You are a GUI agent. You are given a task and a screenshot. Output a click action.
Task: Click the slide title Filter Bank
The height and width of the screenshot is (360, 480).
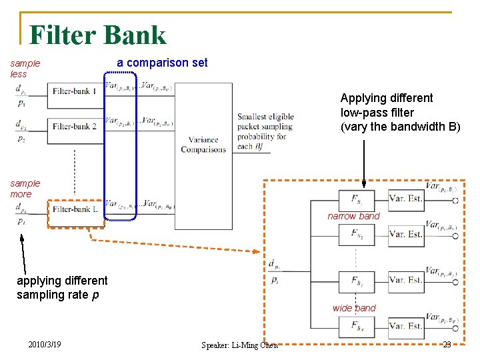97,35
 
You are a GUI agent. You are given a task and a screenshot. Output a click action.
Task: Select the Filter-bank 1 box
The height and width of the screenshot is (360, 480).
75,91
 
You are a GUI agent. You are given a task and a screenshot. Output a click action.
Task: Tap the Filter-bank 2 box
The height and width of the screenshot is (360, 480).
75,126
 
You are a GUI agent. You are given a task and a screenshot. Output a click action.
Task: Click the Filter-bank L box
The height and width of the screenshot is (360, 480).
75,209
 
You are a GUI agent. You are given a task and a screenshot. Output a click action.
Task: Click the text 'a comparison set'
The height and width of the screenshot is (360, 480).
162,63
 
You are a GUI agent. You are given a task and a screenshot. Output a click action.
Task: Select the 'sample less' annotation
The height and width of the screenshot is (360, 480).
25,69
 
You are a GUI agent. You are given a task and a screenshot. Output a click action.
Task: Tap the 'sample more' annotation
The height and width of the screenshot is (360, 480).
25,189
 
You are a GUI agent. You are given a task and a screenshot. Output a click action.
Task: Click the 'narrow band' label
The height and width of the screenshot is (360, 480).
353,216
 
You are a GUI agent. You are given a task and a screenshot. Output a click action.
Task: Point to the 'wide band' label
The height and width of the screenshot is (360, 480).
354,308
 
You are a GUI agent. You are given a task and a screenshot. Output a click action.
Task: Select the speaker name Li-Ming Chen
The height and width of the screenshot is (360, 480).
239,345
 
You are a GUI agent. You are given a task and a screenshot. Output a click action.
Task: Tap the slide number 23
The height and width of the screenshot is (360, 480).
447,344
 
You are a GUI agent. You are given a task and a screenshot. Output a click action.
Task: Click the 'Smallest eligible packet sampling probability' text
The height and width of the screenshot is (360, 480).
265,131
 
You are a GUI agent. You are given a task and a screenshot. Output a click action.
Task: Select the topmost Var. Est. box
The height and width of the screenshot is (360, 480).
405,198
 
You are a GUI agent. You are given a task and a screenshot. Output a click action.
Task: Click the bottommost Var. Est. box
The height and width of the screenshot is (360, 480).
405,326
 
